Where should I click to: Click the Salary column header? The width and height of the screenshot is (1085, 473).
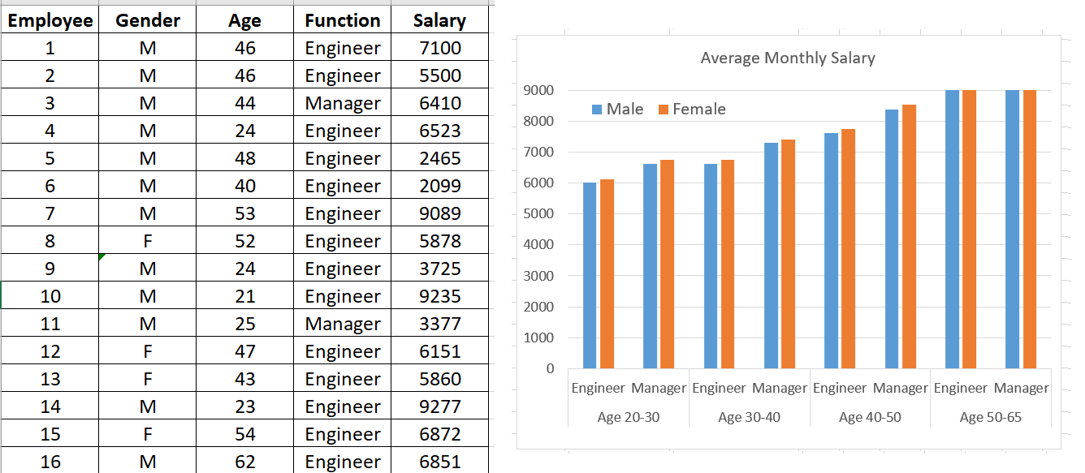[x=439, y=20]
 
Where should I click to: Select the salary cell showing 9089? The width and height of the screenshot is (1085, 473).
[x=439, y=213]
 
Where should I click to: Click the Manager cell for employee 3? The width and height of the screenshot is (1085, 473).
[x=342, y=103]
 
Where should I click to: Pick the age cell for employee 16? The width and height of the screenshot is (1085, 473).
[x=244, y=462]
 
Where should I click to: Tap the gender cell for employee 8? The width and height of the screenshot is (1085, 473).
[x=147, y=241]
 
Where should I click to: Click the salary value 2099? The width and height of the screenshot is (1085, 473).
[x=439, y=186]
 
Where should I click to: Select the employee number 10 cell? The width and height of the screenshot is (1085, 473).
[x=50, y=296]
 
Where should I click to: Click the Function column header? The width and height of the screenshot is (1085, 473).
[x=342, y=20]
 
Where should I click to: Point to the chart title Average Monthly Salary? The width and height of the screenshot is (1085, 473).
[x=787, y=58]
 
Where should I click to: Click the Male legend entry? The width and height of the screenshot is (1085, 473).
[x=617, y=110]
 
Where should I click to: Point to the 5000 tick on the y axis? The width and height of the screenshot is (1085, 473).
[x=539, y=214]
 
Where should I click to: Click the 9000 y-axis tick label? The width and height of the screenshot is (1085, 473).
[x=539, y=90]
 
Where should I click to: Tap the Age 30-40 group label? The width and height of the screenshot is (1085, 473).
[x=749, y=417]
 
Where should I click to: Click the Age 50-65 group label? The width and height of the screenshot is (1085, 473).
[x=990, y=417]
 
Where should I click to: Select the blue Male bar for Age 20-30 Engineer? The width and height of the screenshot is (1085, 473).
[x=590, y=276]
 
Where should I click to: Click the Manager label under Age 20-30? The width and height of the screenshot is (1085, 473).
[x=659, y=388]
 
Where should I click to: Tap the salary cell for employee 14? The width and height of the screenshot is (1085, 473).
[x=439, y=406]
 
